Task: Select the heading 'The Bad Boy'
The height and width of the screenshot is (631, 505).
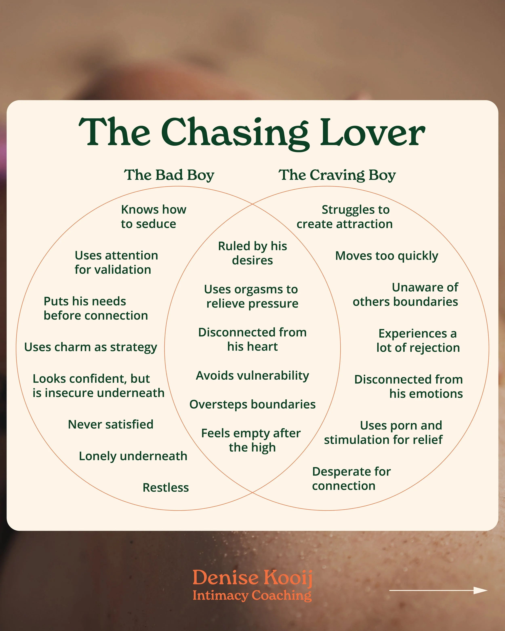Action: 169,175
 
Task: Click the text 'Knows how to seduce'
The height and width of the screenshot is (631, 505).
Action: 153,217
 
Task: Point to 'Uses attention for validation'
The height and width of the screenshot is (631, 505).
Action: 116,262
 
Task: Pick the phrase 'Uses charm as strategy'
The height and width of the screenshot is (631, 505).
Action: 90,347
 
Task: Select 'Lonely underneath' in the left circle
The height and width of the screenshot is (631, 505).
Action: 133,456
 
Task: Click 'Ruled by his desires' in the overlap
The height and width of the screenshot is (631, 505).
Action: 252,253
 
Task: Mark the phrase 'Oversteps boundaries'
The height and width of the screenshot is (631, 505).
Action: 252,404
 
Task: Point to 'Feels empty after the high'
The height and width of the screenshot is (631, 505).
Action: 251,440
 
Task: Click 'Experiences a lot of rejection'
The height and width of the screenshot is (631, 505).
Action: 418,341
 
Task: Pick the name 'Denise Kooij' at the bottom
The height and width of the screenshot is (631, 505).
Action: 252,578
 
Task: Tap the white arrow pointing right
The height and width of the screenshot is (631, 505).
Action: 438,590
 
